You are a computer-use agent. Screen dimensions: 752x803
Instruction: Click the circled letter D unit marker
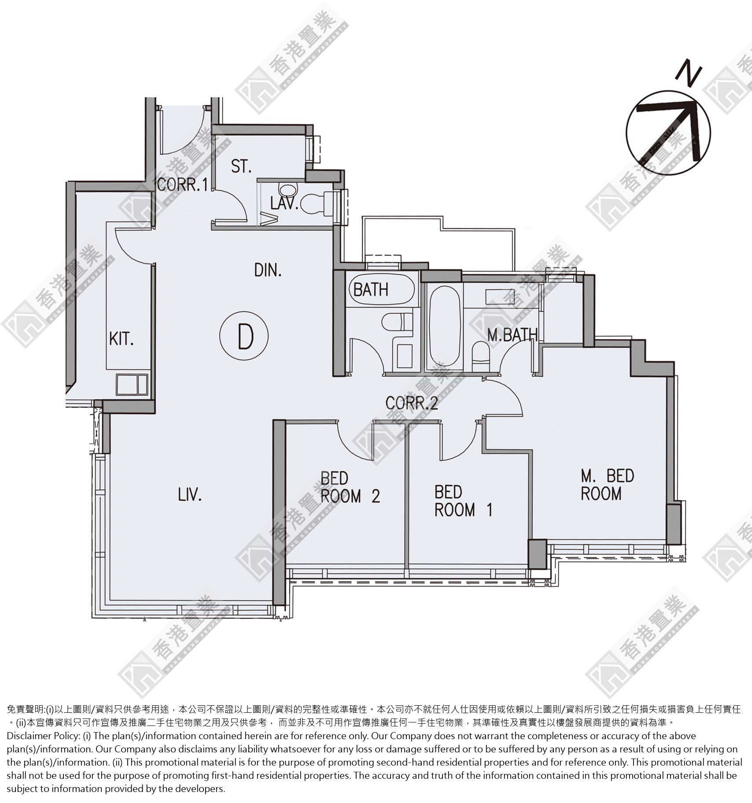point(243,336)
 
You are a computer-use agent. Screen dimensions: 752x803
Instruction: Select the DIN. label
point(268,270)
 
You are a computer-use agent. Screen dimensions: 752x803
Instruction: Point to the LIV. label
point(190,495)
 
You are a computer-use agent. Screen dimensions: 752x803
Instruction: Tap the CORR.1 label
point(182,184)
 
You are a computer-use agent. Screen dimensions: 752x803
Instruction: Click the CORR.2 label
point(412,402)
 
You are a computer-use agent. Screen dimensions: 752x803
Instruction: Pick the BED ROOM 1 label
point(464,501)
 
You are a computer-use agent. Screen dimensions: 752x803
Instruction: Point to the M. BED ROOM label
point(607,485)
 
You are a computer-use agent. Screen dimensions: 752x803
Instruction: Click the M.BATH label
point(512,335)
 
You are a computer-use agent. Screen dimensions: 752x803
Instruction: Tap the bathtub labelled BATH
point(383,289)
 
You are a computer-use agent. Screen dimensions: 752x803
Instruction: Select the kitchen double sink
point(132,384)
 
